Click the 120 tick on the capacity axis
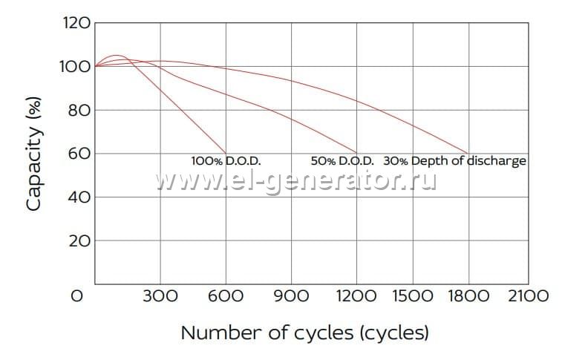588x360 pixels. pyautogui.click(x=77, y=23)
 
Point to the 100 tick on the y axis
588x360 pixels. pyautogui.click(x=77, y=67)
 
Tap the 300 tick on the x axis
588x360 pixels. pyautogui.click(x=160, y=296)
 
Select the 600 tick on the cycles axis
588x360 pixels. pyautogui.click(x=226, y=296)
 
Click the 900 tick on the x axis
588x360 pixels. pyautogui.click(x=291, y=296)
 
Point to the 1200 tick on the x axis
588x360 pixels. pyautogui.click(x=356, y=296)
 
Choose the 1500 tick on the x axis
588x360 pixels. pyautogui.click(x=412, y=296)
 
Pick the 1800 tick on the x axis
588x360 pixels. pyautogui.click(x=468, y=296)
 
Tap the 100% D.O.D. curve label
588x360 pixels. pyautogui.click(x=226, y=160)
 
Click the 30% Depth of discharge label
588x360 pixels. pyautogui.click(x=454, y=160)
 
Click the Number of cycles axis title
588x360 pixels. pyautogui.click(x=304, y=332)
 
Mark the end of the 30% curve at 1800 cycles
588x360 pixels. pyautogui.click(x=467, y=153)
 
